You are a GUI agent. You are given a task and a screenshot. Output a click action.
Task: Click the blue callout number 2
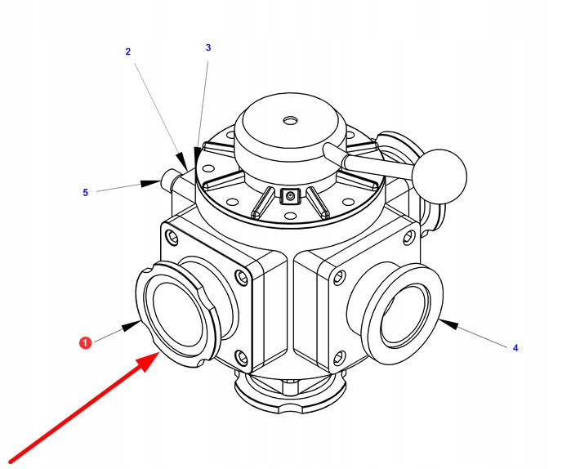pyautogui.click(x=127, y=51)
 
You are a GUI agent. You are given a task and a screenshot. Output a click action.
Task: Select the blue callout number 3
pyautogui.click(x=208, y=47)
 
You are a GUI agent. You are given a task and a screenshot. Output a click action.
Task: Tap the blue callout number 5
pyautogui.click(x=85, y=193)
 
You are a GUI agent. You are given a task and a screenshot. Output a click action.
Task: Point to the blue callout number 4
pyautogui.click(x=515, y=348)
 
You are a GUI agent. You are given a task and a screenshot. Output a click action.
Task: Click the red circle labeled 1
pyautogui.click(x=86, y=343)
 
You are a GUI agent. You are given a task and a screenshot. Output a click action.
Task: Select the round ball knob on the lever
pyautogui.click(x=439, y=173)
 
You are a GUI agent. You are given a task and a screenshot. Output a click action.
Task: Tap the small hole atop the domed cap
pyautogui.click(x=289, y=121)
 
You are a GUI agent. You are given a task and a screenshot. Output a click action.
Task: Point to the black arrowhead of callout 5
pyautogui.click(x=150, y=184)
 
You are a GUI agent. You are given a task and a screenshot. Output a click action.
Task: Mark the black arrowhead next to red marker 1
pyautogui.click(x=132, y=326)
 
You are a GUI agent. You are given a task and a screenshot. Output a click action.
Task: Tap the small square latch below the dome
pyautogui.click(x=288, y=196)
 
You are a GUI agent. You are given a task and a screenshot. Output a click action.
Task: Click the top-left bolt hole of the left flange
pyautogui.click(x=171, y=239)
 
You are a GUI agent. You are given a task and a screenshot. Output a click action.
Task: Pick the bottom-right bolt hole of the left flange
pyautogui.click(x=241, y=356)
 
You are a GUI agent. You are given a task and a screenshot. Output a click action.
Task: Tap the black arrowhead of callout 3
pyautogui.click(x=197, y=157)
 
